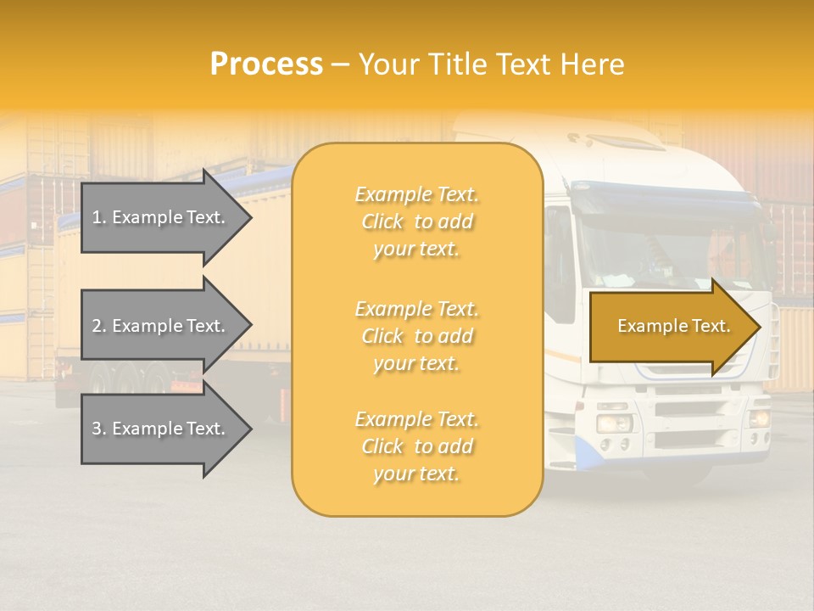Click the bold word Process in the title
point(266,64)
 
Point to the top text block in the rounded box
point(416,221)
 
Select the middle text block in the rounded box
point(416,336)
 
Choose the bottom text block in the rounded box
point(416,446)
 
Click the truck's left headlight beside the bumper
point(613,422)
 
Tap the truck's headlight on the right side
point(758,418)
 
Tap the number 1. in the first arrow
point(99,217)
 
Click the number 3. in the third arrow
point(99,429)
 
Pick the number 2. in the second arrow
point(99,326)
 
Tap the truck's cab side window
point(560,263)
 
